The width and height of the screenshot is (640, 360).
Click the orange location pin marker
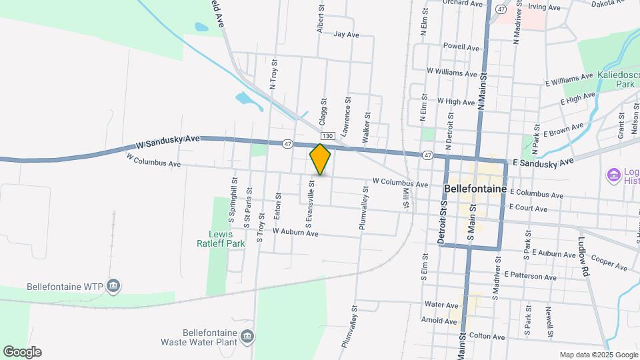321,159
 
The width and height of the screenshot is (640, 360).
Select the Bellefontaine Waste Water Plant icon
247,335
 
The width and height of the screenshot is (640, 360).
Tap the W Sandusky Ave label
167,141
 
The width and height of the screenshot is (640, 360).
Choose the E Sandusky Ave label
543,162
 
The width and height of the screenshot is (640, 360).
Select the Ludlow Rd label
583,257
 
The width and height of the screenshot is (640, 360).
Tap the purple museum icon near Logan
613,175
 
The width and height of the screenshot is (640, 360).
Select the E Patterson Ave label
530,276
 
